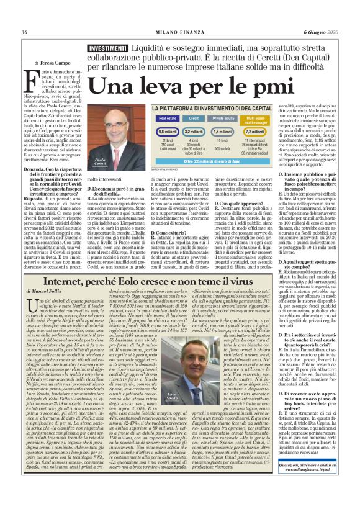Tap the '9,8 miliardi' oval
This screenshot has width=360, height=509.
(x=168, y=132)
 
